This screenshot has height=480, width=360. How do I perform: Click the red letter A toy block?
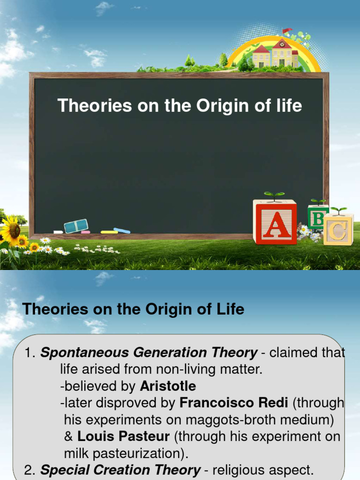(x=275, y=222)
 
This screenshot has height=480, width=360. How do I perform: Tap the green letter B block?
(x=318, y=217)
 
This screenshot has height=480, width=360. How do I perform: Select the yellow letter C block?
(x=338, y=229)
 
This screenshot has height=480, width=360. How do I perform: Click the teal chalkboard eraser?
(x=76, y=226)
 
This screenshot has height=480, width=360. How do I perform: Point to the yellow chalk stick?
(x=109, y=232)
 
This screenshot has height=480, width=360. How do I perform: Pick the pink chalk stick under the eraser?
(x=85, y=232)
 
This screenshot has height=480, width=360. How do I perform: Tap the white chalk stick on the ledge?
(x=58, y=232)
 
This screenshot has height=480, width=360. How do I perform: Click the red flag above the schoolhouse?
(x=286, y=31)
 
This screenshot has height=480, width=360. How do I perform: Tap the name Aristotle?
(x=168, y=386)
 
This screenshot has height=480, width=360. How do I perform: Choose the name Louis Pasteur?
(x=123, y=436)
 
